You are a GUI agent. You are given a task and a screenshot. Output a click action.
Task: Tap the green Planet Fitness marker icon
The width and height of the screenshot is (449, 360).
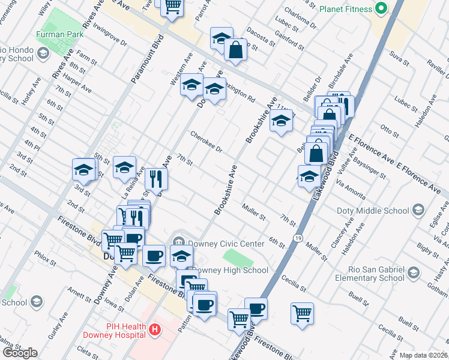click(379, 9)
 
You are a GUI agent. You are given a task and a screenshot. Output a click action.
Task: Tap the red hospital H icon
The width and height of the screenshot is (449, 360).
click(155, 329)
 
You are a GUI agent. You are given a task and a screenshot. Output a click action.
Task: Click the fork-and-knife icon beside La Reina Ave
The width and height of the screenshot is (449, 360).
click(156, 178)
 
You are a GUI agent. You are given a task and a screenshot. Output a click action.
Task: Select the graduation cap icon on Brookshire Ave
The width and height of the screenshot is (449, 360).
click(280, 122)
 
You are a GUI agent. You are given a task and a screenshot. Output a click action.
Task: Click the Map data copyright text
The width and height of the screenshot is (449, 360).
click(424, 355)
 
